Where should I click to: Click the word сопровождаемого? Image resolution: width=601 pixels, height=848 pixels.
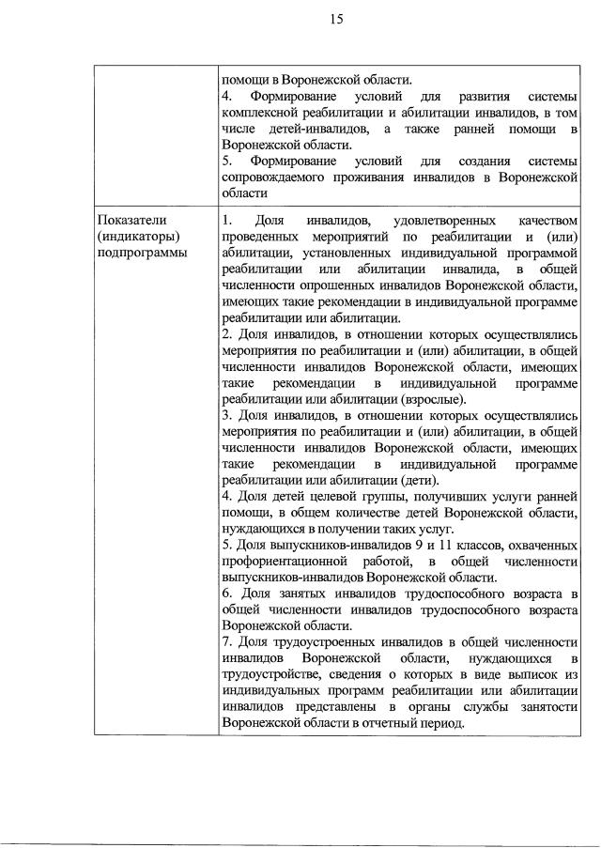(x=279, y=177)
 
